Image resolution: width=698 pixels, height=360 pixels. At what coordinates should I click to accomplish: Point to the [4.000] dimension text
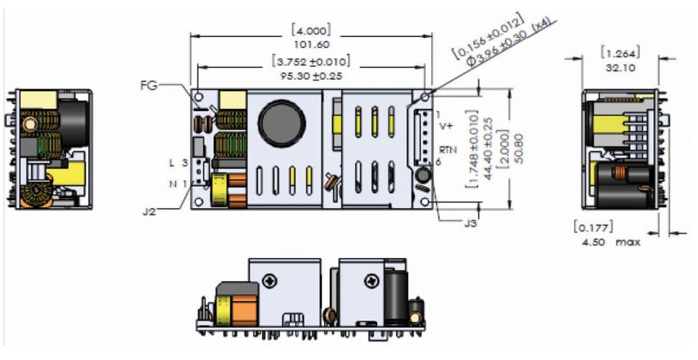coord(311,31)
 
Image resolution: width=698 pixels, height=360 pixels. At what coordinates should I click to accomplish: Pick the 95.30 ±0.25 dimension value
coord(311,74)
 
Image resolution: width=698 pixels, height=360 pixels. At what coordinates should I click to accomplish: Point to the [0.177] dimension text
coord(592,229)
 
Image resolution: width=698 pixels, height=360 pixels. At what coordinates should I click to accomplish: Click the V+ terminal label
coord(445,126)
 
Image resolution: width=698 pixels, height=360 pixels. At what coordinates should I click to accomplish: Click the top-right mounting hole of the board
coord(425,96)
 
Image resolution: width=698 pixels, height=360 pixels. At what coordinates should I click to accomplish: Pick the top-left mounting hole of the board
coord(198,96)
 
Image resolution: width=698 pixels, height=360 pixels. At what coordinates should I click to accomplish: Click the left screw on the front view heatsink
coord(270,280)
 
